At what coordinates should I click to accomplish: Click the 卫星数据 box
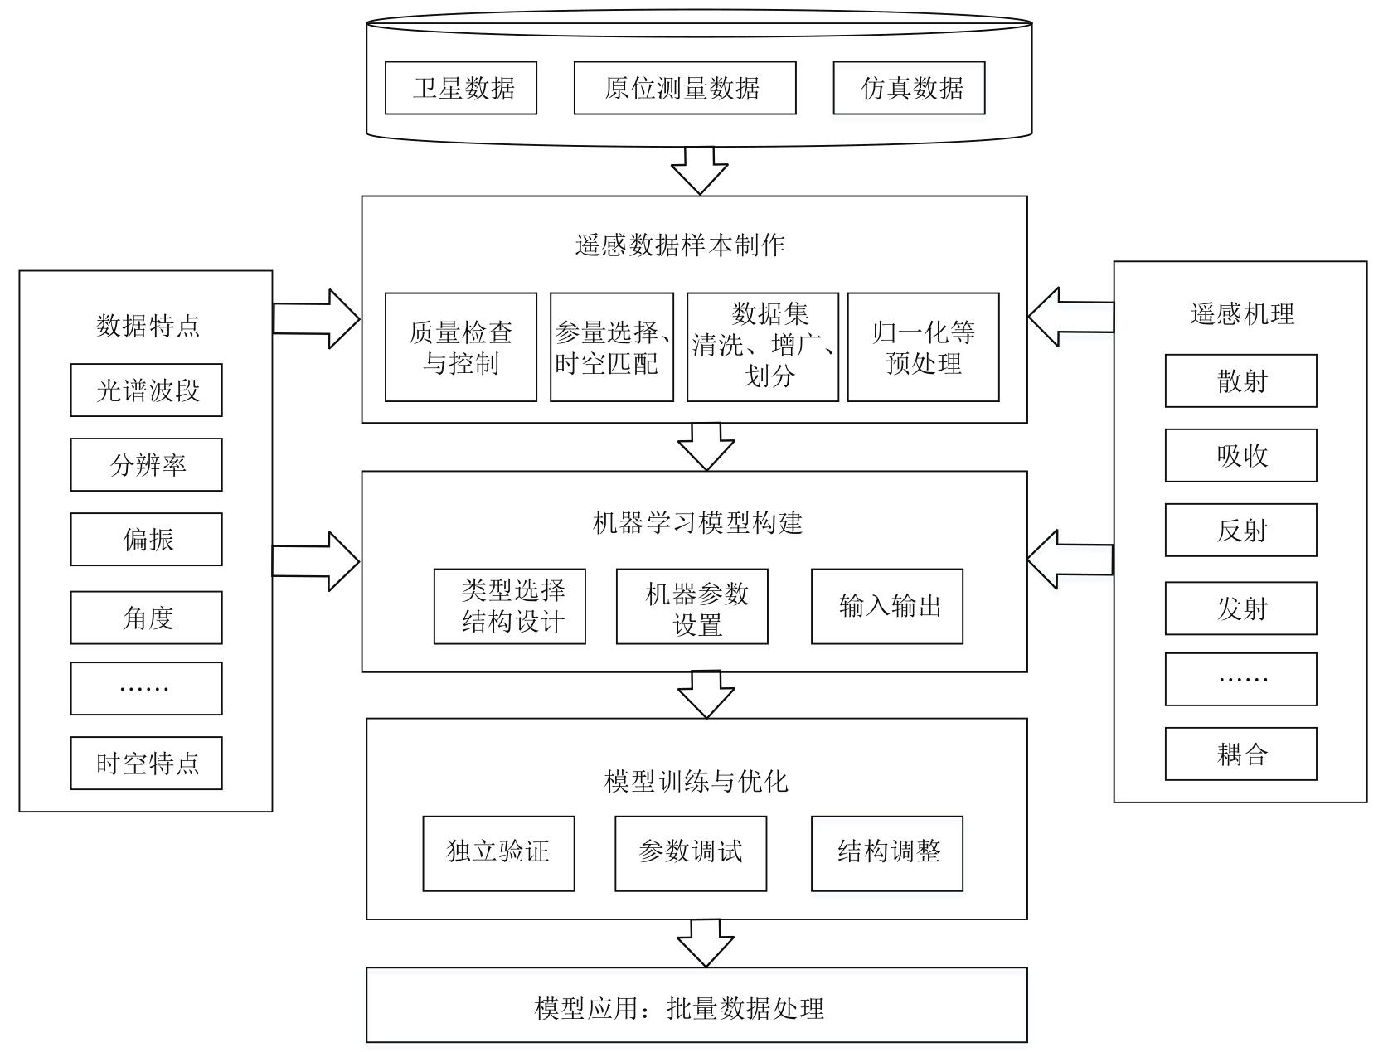[460, 88]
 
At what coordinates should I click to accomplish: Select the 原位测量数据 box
[684, 88]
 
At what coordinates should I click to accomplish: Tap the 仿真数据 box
[909, 88]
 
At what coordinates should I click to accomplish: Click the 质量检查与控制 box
[460, 347]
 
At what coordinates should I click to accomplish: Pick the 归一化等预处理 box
[923, 347]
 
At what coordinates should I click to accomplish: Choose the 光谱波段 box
[146, 390]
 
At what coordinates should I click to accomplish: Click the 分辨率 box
[146, 465]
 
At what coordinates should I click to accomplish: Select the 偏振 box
[146, 540]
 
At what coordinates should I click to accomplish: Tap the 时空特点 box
[146, 763]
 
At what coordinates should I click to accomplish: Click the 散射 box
[1240, 381]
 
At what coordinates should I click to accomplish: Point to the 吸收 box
[1240, 455]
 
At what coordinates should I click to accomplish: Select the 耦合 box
[1240, 754]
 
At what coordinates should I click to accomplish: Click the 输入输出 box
[887, 606]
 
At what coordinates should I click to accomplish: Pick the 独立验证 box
[498, 854]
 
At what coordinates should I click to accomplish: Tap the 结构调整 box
[887, 854]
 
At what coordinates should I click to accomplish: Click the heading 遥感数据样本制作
[680, 245]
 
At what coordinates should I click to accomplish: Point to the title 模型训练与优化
[696, 782]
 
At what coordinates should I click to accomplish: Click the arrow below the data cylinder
[699, 171]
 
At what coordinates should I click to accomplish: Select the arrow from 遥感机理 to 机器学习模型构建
[1070, 560]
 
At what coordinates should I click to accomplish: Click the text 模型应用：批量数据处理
[679, 1008]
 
